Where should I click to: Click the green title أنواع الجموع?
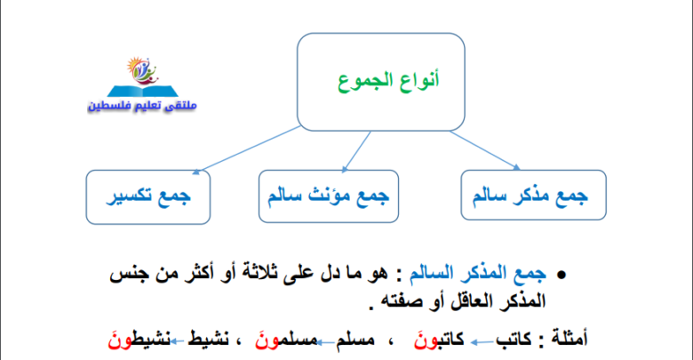388,81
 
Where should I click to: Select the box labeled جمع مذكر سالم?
533,195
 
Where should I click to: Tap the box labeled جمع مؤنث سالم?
329,196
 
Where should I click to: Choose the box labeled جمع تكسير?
148,197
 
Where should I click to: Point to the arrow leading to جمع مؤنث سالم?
356,151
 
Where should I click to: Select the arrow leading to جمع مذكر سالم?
485,150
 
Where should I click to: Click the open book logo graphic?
143,76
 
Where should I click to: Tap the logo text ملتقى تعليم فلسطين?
142,105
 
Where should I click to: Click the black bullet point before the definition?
562,275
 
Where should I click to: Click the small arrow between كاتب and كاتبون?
482,342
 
